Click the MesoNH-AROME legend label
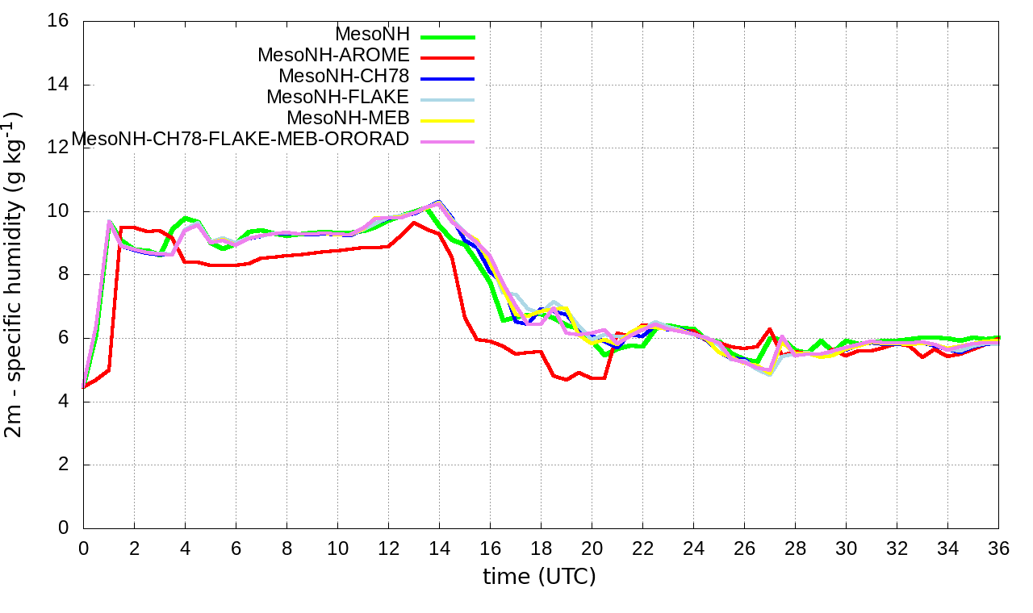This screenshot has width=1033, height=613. (x=333, y=55)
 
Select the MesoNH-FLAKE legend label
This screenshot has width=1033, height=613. (x=338, y=97)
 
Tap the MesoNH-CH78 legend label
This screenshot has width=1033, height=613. (x=344, y=76)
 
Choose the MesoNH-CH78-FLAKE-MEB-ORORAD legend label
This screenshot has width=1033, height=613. (x=240, y=139)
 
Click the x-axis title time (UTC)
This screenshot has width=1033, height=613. (x=539, y=577)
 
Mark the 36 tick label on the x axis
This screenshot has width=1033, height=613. (x=998, y=548)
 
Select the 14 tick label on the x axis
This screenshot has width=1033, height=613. (x=439, y=548)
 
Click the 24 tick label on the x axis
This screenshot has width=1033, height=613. (x=693, y=548)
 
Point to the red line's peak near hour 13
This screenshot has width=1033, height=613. (x=414, y=223)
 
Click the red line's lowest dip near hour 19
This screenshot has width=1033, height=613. (x=567, y=379)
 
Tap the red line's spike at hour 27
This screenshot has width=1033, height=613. (x=770, y=329)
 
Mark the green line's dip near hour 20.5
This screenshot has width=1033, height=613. (x=605, y=355)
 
